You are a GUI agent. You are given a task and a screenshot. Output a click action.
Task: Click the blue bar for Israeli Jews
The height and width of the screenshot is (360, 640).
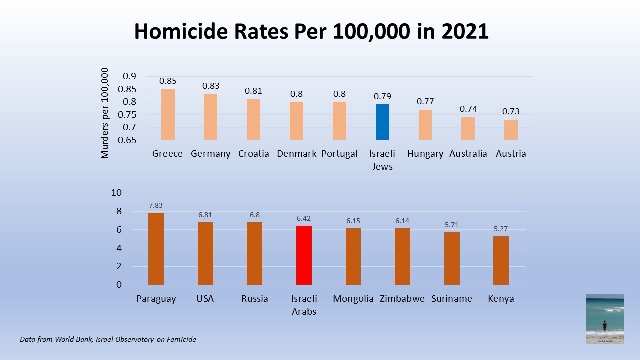[x=382, y=122]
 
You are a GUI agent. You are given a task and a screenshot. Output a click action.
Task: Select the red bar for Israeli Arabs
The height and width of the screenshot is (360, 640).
[x=304, y=255]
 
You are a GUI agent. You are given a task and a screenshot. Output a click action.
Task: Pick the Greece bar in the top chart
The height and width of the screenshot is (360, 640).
[x=168, y=114]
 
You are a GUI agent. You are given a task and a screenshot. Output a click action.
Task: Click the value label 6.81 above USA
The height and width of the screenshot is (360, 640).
[x=205, y=215]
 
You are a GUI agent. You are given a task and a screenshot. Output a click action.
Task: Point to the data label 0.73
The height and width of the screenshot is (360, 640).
[x=511, y=111]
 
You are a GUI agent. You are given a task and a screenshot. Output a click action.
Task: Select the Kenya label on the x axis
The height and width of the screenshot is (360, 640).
[x=501, y=299]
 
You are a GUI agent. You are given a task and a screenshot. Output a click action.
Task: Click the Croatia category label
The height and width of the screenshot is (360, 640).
[x=253, y=153]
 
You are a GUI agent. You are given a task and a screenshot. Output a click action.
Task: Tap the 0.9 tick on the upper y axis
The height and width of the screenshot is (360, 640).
[x=129, y=76]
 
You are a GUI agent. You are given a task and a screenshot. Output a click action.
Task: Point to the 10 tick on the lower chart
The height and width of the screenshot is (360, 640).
[x=116, y=193]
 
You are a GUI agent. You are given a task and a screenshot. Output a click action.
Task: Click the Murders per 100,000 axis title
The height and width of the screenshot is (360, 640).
[x=105, y=114]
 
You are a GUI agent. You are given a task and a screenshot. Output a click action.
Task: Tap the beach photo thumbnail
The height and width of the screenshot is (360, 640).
[x=605, y=318]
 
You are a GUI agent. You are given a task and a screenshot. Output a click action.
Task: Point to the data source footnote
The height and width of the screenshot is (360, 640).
[x=108, y=339]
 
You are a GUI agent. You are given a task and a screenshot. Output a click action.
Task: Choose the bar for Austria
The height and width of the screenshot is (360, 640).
[x=511, y=130]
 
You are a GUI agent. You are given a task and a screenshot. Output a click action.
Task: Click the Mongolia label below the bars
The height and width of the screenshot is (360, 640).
[x=353, y=299]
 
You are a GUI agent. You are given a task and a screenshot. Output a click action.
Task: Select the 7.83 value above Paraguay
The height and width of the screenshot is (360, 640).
[x=156, y=205]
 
